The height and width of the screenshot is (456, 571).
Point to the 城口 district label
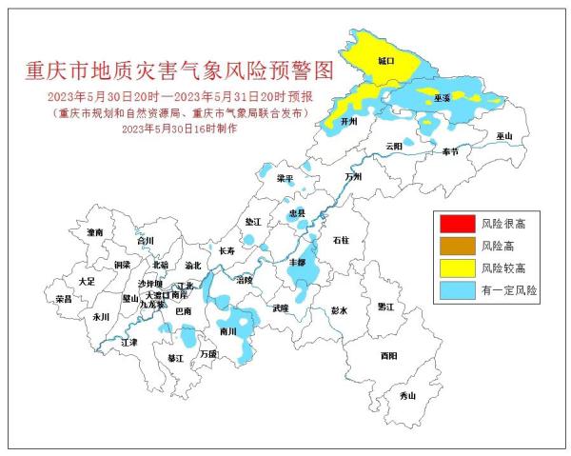pyautogui.click(x=385, y=60)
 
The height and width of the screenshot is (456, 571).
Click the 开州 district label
pyautogui.click(x=348, y=123)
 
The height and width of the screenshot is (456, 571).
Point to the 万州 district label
pyautogui.click(x=354, y=177)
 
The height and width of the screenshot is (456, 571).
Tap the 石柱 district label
pyautogui.click(x=341, y=241)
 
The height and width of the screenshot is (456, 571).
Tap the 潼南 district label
pyautogui.click(x=94, y=232)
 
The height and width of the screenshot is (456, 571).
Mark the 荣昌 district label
pyautogui.click(x=64, y=299)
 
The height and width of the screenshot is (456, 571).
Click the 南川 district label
pyautogui.click(x=227, y=331)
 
